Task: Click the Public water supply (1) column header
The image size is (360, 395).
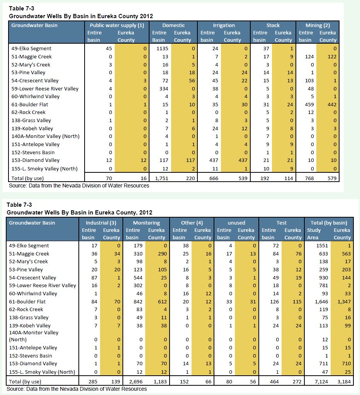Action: click(117, 26)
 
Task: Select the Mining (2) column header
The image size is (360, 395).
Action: click(318, 26)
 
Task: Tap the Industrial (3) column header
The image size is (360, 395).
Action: click(101, 223)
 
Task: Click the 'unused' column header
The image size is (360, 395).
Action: click(236, 223)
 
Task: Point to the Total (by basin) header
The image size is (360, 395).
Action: click(329, 223)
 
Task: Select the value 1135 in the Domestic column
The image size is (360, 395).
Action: click(162, 49)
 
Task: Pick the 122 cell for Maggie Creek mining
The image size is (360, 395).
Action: click(332, 57)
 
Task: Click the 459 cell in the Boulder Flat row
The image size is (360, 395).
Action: click(309, 104)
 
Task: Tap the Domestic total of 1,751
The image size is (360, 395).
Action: click(161, 178)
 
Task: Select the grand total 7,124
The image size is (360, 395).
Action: click(321, 381)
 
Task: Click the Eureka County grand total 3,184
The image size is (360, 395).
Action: click(344, 381)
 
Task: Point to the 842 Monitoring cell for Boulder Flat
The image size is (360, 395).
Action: click(138, 301)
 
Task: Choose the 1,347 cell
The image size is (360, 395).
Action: click(344, 301)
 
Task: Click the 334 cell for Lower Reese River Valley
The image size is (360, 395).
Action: click(164, 89)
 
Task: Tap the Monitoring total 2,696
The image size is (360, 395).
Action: click(136, 381)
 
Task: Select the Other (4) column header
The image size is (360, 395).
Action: click(192, 223)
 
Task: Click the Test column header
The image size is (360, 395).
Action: click(282, 223)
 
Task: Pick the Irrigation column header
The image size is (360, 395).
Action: click(224, 26)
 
